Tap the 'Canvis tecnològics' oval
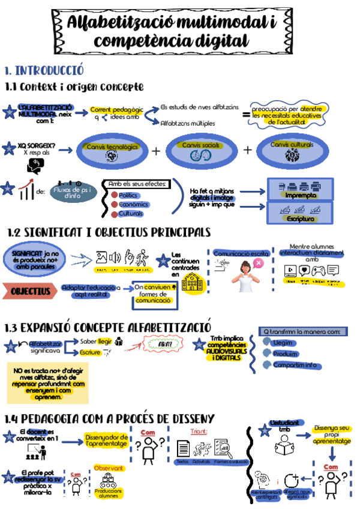coord(112,151)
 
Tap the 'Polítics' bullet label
coord(128,195)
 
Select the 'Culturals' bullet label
coord(130,214)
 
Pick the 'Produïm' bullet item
coord(284,354)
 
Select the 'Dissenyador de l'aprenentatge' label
coord(107,440)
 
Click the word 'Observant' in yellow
coord(109,468)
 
